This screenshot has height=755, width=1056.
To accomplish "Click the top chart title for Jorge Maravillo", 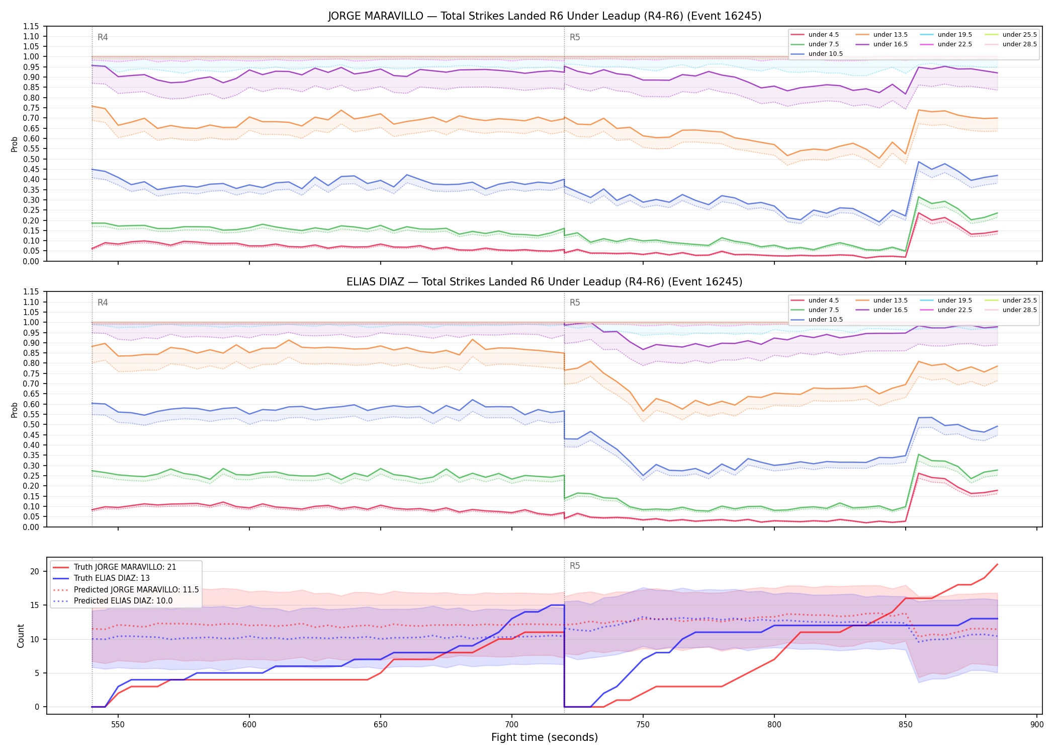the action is click(545, 16).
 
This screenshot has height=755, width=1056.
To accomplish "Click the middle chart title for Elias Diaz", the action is click(545, 282).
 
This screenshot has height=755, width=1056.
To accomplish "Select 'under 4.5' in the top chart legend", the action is click(823, 35).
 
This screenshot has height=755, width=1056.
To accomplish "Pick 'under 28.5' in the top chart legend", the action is click(1019, 44).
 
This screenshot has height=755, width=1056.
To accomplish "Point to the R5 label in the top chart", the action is click(575, 37).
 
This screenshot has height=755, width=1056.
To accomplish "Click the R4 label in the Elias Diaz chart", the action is click(103, 303).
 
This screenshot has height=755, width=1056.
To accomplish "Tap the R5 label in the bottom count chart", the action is click(575, 566).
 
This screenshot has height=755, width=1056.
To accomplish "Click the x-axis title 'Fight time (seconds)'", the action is click(545, 738).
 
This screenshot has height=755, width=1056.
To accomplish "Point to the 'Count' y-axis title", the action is click(21, 636).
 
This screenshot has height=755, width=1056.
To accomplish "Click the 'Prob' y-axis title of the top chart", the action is click(15, 144).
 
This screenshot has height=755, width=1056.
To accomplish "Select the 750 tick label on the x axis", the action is click(643, 725).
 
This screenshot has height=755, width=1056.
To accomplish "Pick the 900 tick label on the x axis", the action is click(1037, 725).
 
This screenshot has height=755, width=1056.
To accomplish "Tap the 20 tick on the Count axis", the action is click(35, 571).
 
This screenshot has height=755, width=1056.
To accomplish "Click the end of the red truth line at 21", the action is click(998, 565).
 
